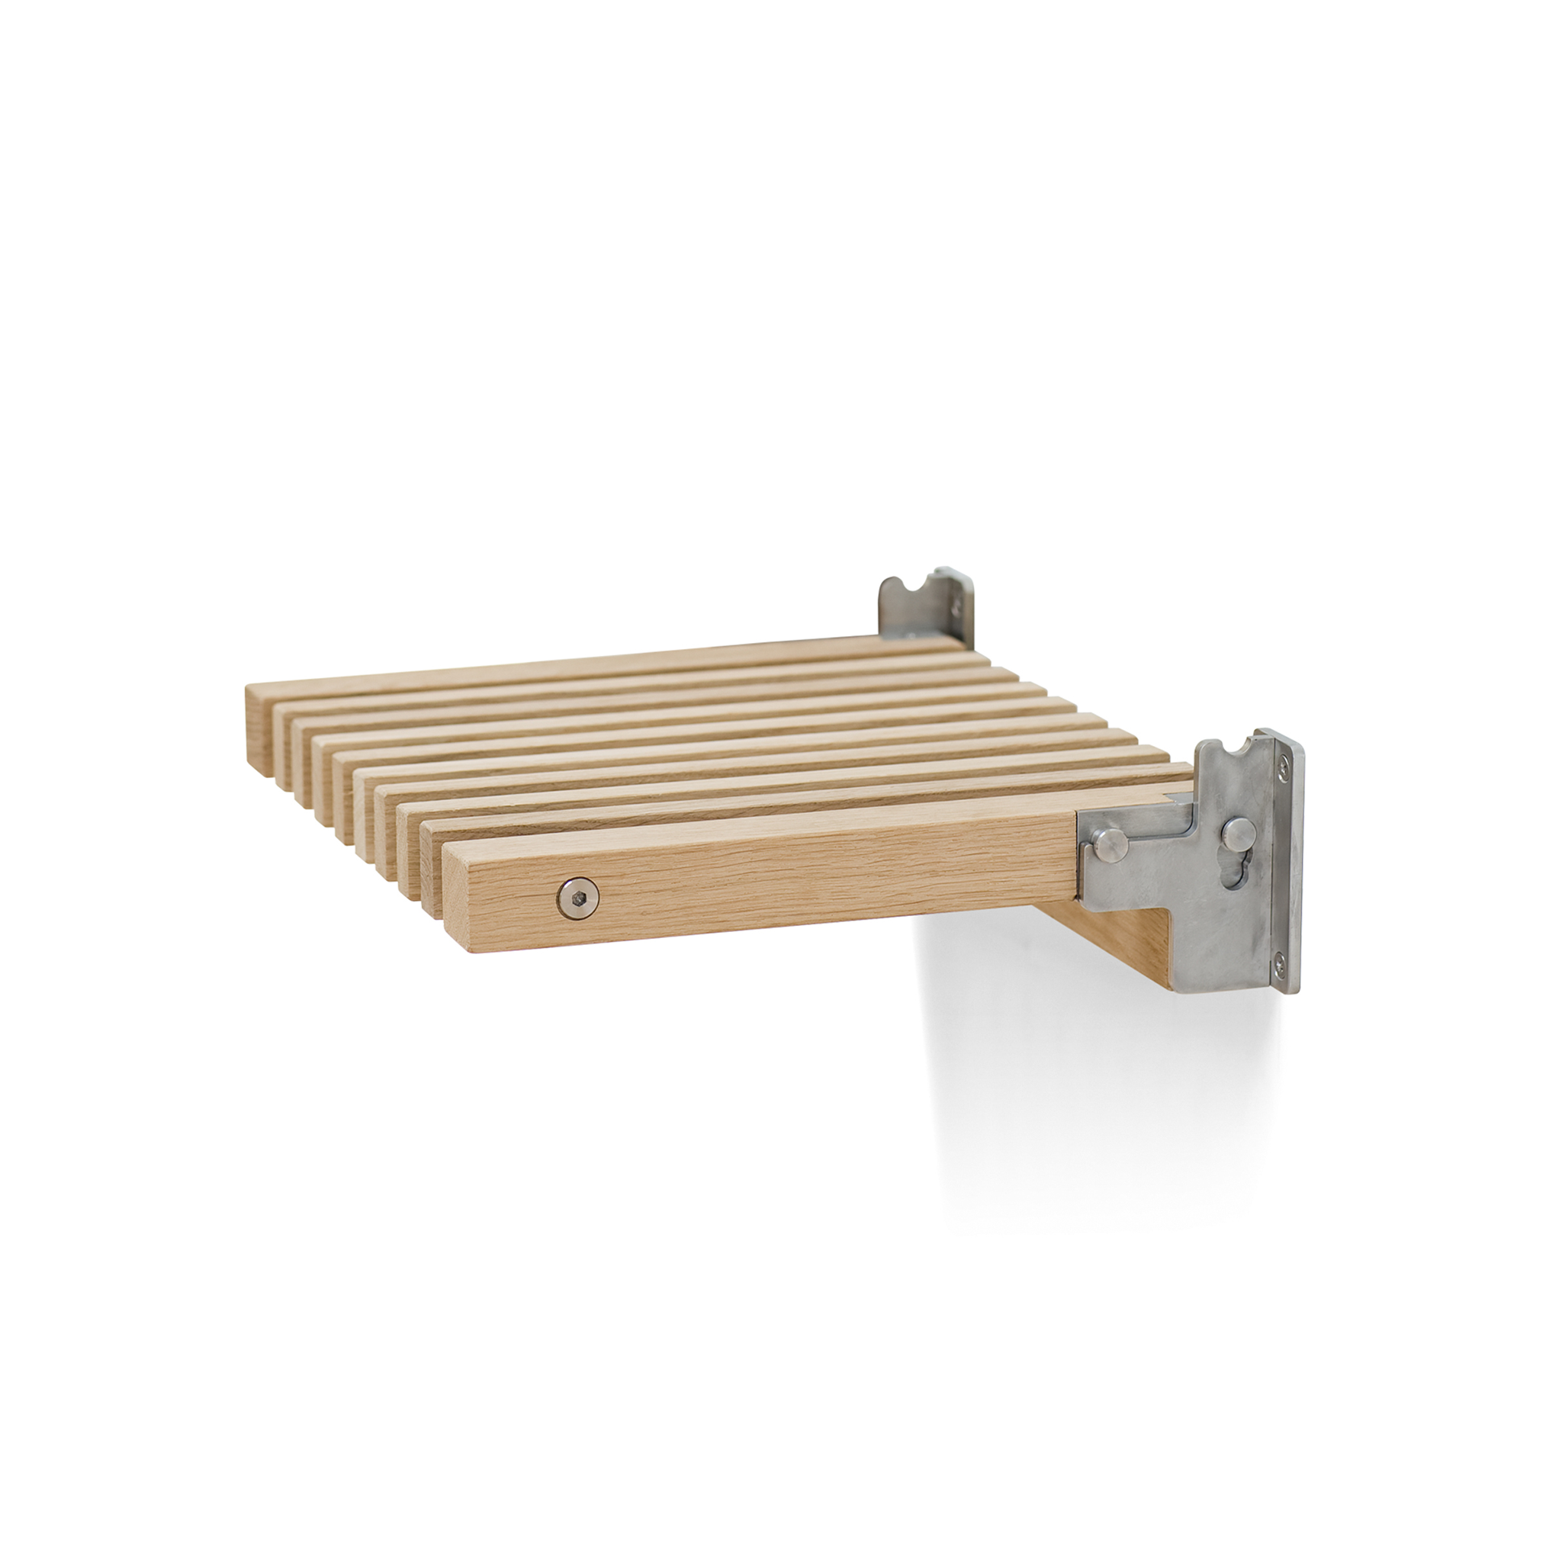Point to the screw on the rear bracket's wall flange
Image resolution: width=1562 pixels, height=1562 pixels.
click(x=959, y=603)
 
